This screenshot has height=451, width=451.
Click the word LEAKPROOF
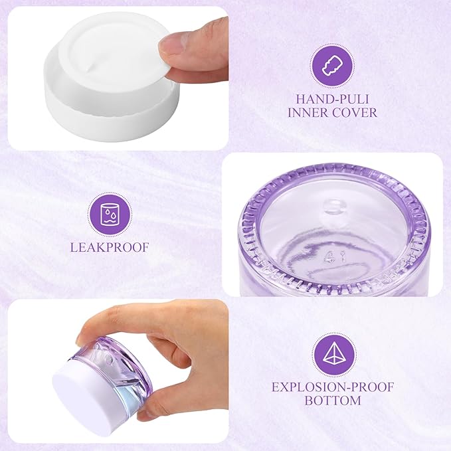pyautogui.click(x=109, y=248)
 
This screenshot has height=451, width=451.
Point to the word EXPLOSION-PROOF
pyautogui.click(x=332, y=386)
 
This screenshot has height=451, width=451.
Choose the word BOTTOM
pyautogui.click(x=332, y=401)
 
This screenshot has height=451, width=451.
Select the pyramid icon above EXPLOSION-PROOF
pyautogui.click(x=332, y=353)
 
